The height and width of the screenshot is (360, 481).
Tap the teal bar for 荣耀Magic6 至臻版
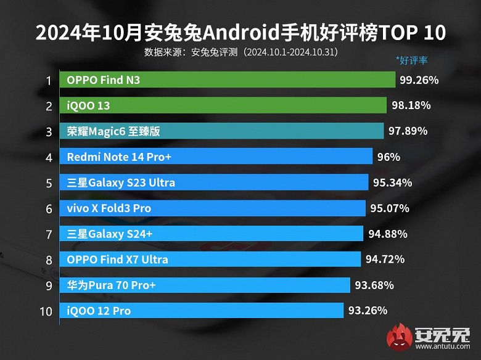point(221,131)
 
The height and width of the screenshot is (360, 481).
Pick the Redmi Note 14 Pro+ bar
point(216,157)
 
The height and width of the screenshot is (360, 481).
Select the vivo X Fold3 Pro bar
point(213,208)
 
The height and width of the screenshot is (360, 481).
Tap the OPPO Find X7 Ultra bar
point(210,260)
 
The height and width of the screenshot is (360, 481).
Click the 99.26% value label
point(419,80)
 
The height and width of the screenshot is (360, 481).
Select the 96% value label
point(388,157)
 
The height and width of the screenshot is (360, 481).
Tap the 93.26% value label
point(368,310)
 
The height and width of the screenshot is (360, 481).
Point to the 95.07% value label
point(389,208)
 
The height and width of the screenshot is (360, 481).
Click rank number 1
point(47,80)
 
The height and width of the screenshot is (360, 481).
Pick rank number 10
point(46,311)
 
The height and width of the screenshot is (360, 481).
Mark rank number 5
point(47,182)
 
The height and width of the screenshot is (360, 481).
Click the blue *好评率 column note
point(412,60)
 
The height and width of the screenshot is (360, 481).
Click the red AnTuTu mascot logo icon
point(400,338)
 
